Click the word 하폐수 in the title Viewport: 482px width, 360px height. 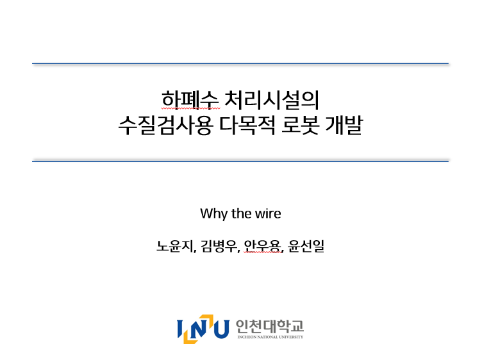pyautogui.click(x=190, y=100)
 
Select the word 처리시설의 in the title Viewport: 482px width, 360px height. pyautogui.click(x=272, y=100)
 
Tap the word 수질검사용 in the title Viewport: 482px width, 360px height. pyautogui.click(x=165, y=125)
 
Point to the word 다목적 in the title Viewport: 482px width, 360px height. pyautogui.click(x=247, y=125)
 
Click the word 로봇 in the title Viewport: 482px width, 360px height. pyautogui.click(x=300, y=125)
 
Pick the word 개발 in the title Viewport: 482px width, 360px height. pyautogui.click(x=344, y=125)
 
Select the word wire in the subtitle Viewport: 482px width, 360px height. pyautogui.click(x=268, y=214)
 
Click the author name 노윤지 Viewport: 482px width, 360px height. pyautogui.click(x=176, y=246)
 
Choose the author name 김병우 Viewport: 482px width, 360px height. pyautogui.click(x=219, y=246)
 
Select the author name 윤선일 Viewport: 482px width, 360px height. pyautogui.click(x=306, y=246)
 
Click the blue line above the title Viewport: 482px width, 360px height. pyautogui.click(x=240, y=63)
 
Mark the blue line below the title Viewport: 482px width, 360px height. pyautogui.click(x=240, y=161)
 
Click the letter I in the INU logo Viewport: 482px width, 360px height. pyautogui.click(x=180, y=329)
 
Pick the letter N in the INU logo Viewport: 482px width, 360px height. pyautogui.click(x=199, y=329)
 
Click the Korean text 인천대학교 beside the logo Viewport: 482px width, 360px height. pyautogui.click(x=270, y=326)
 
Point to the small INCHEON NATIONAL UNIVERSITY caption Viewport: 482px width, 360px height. pyautogui.click(x=270, y=337)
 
